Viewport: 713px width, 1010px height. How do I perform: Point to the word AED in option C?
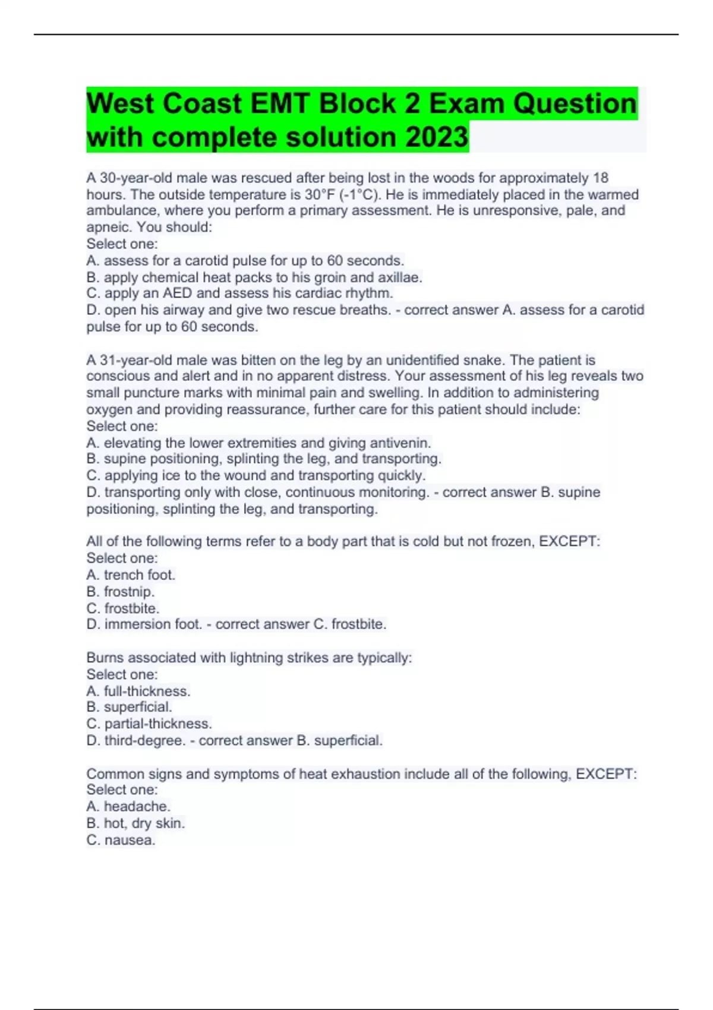pos(178,293)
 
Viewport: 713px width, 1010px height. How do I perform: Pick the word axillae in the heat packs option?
pos(400,277)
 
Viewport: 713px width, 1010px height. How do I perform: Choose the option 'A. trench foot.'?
pos(131,575)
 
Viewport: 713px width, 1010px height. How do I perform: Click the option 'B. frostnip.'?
pos(121,591)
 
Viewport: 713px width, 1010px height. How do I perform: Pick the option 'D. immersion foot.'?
pos(144,624)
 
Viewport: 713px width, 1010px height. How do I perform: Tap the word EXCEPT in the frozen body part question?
pos(569,541)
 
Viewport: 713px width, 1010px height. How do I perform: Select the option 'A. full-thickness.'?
pos(138,691)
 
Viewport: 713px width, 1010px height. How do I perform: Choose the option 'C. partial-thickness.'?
pos(149,724)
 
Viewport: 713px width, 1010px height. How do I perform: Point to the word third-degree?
pos(144,740)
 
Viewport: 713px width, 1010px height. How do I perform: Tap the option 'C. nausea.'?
pos(121,839)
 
